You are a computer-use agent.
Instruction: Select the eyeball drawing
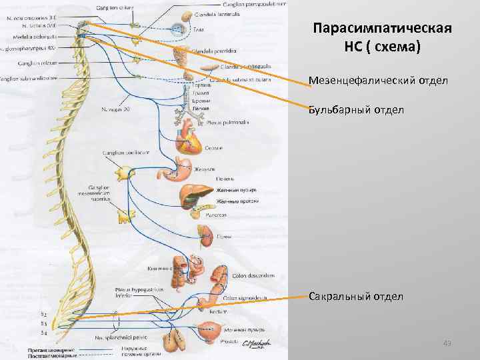(178, 29)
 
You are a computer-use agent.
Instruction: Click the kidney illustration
(205, 234)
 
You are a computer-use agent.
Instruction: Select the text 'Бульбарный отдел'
(356, 109)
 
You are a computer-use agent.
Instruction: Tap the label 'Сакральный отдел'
(356, 296)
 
